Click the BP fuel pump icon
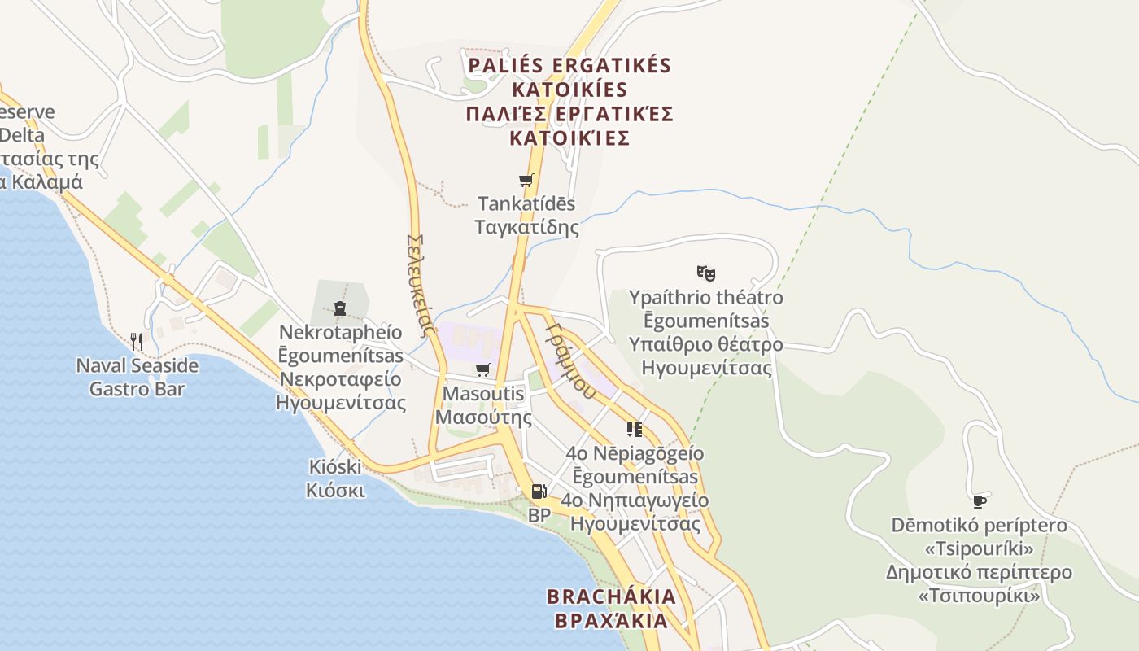coord(539,492)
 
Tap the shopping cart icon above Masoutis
coord(483,370)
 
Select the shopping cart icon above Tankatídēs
coord(526,181)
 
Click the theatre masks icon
coord(705,273)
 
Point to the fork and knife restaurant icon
coord(137,341)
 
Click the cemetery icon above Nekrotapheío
coord(340,308)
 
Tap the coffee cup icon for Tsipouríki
coord(980,501)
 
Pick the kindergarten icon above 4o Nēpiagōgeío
coord(635,429)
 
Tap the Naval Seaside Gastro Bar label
coord(137,377)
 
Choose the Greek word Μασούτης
coord(483,418)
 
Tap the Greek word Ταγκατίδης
coord(527,227)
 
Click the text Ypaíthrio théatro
coord(705,298)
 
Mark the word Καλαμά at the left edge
coord(47,181)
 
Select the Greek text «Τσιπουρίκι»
coord(979,596)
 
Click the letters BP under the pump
coord(539,515)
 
